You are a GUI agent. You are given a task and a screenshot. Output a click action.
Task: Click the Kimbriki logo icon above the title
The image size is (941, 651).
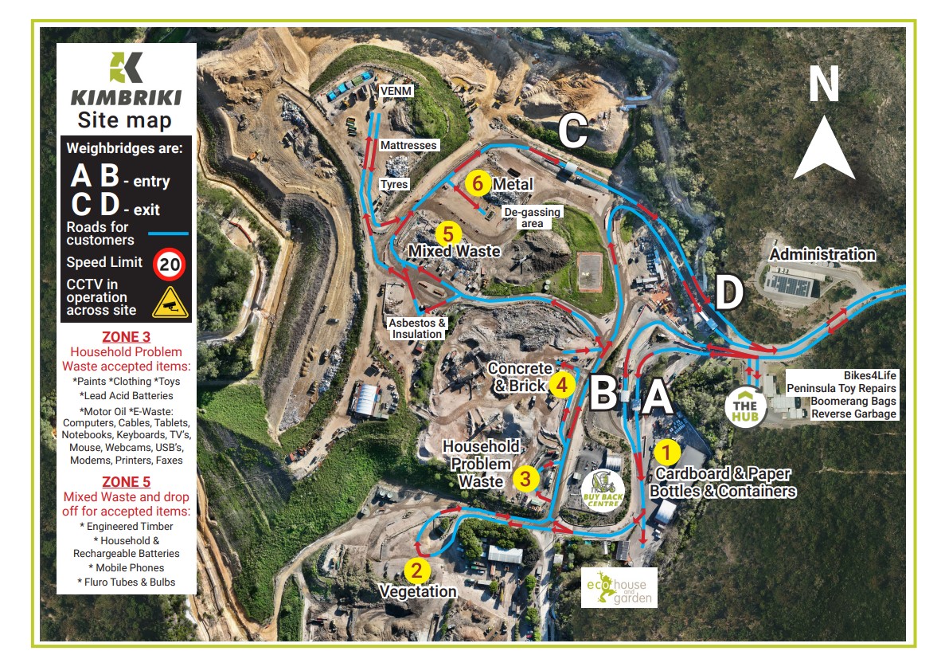[x=126, y=68]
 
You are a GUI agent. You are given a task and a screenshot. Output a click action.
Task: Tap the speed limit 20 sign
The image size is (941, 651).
[x=169, y=265]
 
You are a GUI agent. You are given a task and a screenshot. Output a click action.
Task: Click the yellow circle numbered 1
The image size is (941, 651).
[x=666, y=453]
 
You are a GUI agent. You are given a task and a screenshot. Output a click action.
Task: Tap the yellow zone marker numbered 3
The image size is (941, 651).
[x=525, y=479]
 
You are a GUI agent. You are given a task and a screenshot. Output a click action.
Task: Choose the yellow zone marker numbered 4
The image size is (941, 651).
[x=562, y=384]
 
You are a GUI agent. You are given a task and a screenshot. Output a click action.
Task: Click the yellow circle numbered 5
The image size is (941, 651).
[x=449, y=233]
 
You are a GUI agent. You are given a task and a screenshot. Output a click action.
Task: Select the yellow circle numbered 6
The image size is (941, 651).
[x=477, y=183]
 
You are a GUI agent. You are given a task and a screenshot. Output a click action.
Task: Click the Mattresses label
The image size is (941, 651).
[x=408, y=146]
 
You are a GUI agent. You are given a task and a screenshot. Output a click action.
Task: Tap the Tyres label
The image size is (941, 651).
[x=394, y=184]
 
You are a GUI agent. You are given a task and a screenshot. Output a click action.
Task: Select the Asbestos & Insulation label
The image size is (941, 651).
[x=416, y=328]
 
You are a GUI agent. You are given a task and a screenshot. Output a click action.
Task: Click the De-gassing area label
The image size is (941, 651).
[x=533, y=218]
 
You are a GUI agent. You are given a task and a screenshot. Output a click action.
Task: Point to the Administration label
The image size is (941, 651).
[x=822, y=255]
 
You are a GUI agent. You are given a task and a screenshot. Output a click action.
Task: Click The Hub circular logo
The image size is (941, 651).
[x=746, y=407]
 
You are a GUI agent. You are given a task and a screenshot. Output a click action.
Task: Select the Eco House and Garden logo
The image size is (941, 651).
[x=619, y=587]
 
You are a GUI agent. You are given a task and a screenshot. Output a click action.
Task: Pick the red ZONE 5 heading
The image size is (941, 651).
[x=126, y=482]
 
